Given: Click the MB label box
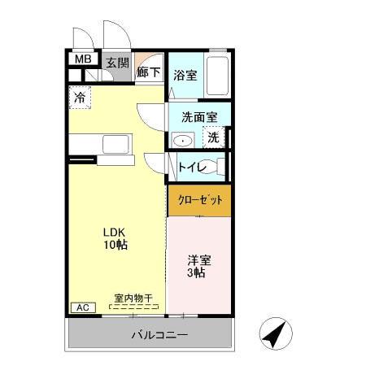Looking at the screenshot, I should pos(82,59).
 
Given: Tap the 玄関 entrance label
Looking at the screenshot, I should pos(116,63).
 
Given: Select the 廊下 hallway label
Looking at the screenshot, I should pos(148,71).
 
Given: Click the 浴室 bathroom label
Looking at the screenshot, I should pos(185,76).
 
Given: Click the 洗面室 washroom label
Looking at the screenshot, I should pos(198,116).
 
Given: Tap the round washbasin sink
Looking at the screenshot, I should pos(183,140).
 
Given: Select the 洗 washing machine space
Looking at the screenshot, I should pos(213,137).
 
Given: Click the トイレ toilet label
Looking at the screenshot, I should pos(192,168).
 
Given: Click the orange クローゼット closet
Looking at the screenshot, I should pos(199,199).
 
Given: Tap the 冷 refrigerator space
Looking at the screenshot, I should pos(80,97).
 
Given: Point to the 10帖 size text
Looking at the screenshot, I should pos(114,244).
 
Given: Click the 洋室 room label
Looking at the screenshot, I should pos(199,260).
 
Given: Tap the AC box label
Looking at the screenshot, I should pos(82,307).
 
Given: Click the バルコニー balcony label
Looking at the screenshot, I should pos(160,335).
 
